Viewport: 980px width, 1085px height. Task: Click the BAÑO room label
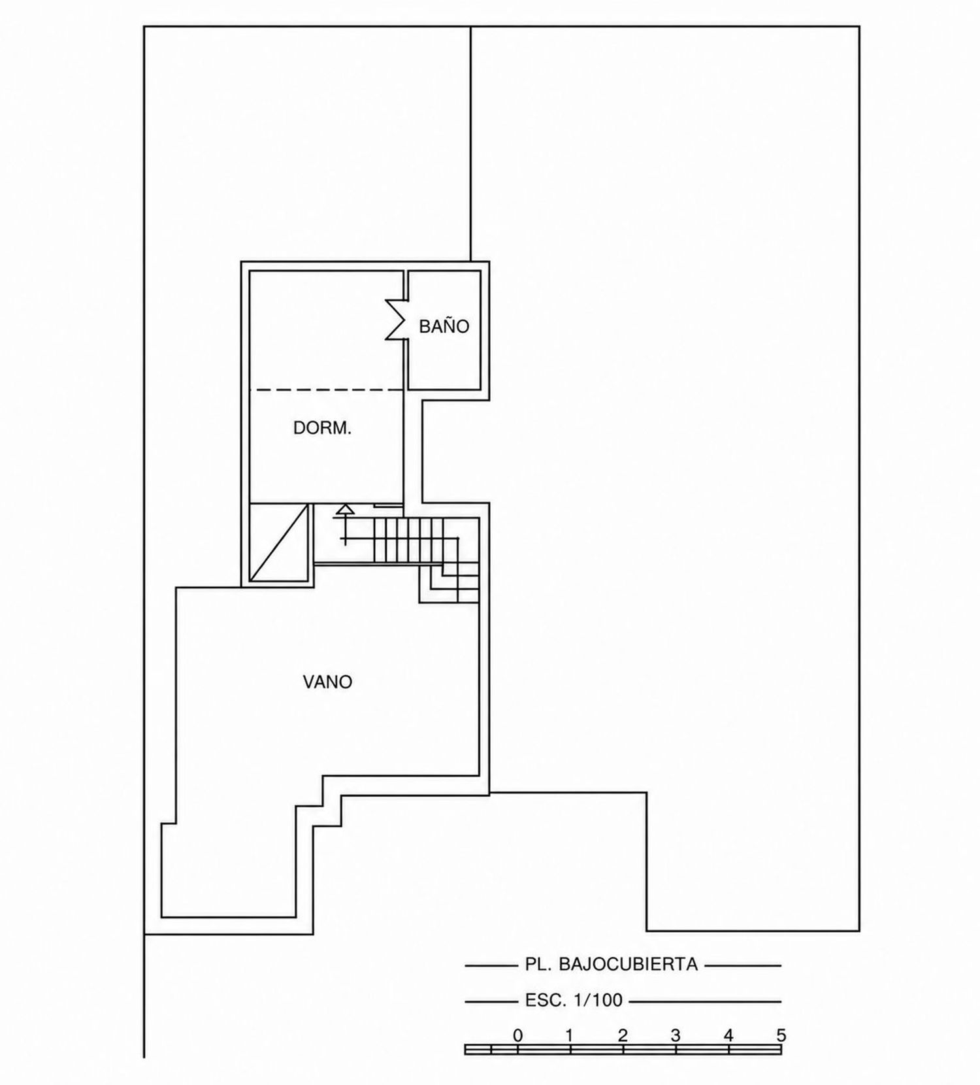444,326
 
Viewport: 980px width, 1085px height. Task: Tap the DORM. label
322,428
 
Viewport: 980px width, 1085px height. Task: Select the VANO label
327,682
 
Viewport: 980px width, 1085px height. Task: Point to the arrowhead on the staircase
344,509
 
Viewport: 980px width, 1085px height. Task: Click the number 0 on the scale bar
517,1035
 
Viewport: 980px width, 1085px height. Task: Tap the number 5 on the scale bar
781,1035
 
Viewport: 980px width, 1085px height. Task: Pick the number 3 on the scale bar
676,1035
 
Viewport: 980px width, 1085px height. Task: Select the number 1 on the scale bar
570,1035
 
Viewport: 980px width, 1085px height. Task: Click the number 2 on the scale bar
623,1035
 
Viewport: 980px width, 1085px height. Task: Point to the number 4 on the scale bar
728,1035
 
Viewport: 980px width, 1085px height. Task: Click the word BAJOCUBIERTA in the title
629,964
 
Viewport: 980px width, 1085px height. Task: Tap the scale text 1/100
597,1001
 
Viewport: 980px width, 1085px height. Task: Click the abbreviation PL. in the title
540,964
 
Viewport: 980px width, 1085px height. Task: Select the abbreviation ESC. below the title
546,1001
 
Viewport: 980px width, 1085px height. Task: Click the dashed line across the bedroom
326,390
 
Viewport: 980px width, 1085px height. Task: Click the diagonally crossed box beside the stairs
279,542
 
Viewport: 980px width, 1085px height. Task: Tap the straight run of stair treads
408,540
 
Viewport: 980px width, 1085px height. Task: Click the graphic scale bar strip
623,1050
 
